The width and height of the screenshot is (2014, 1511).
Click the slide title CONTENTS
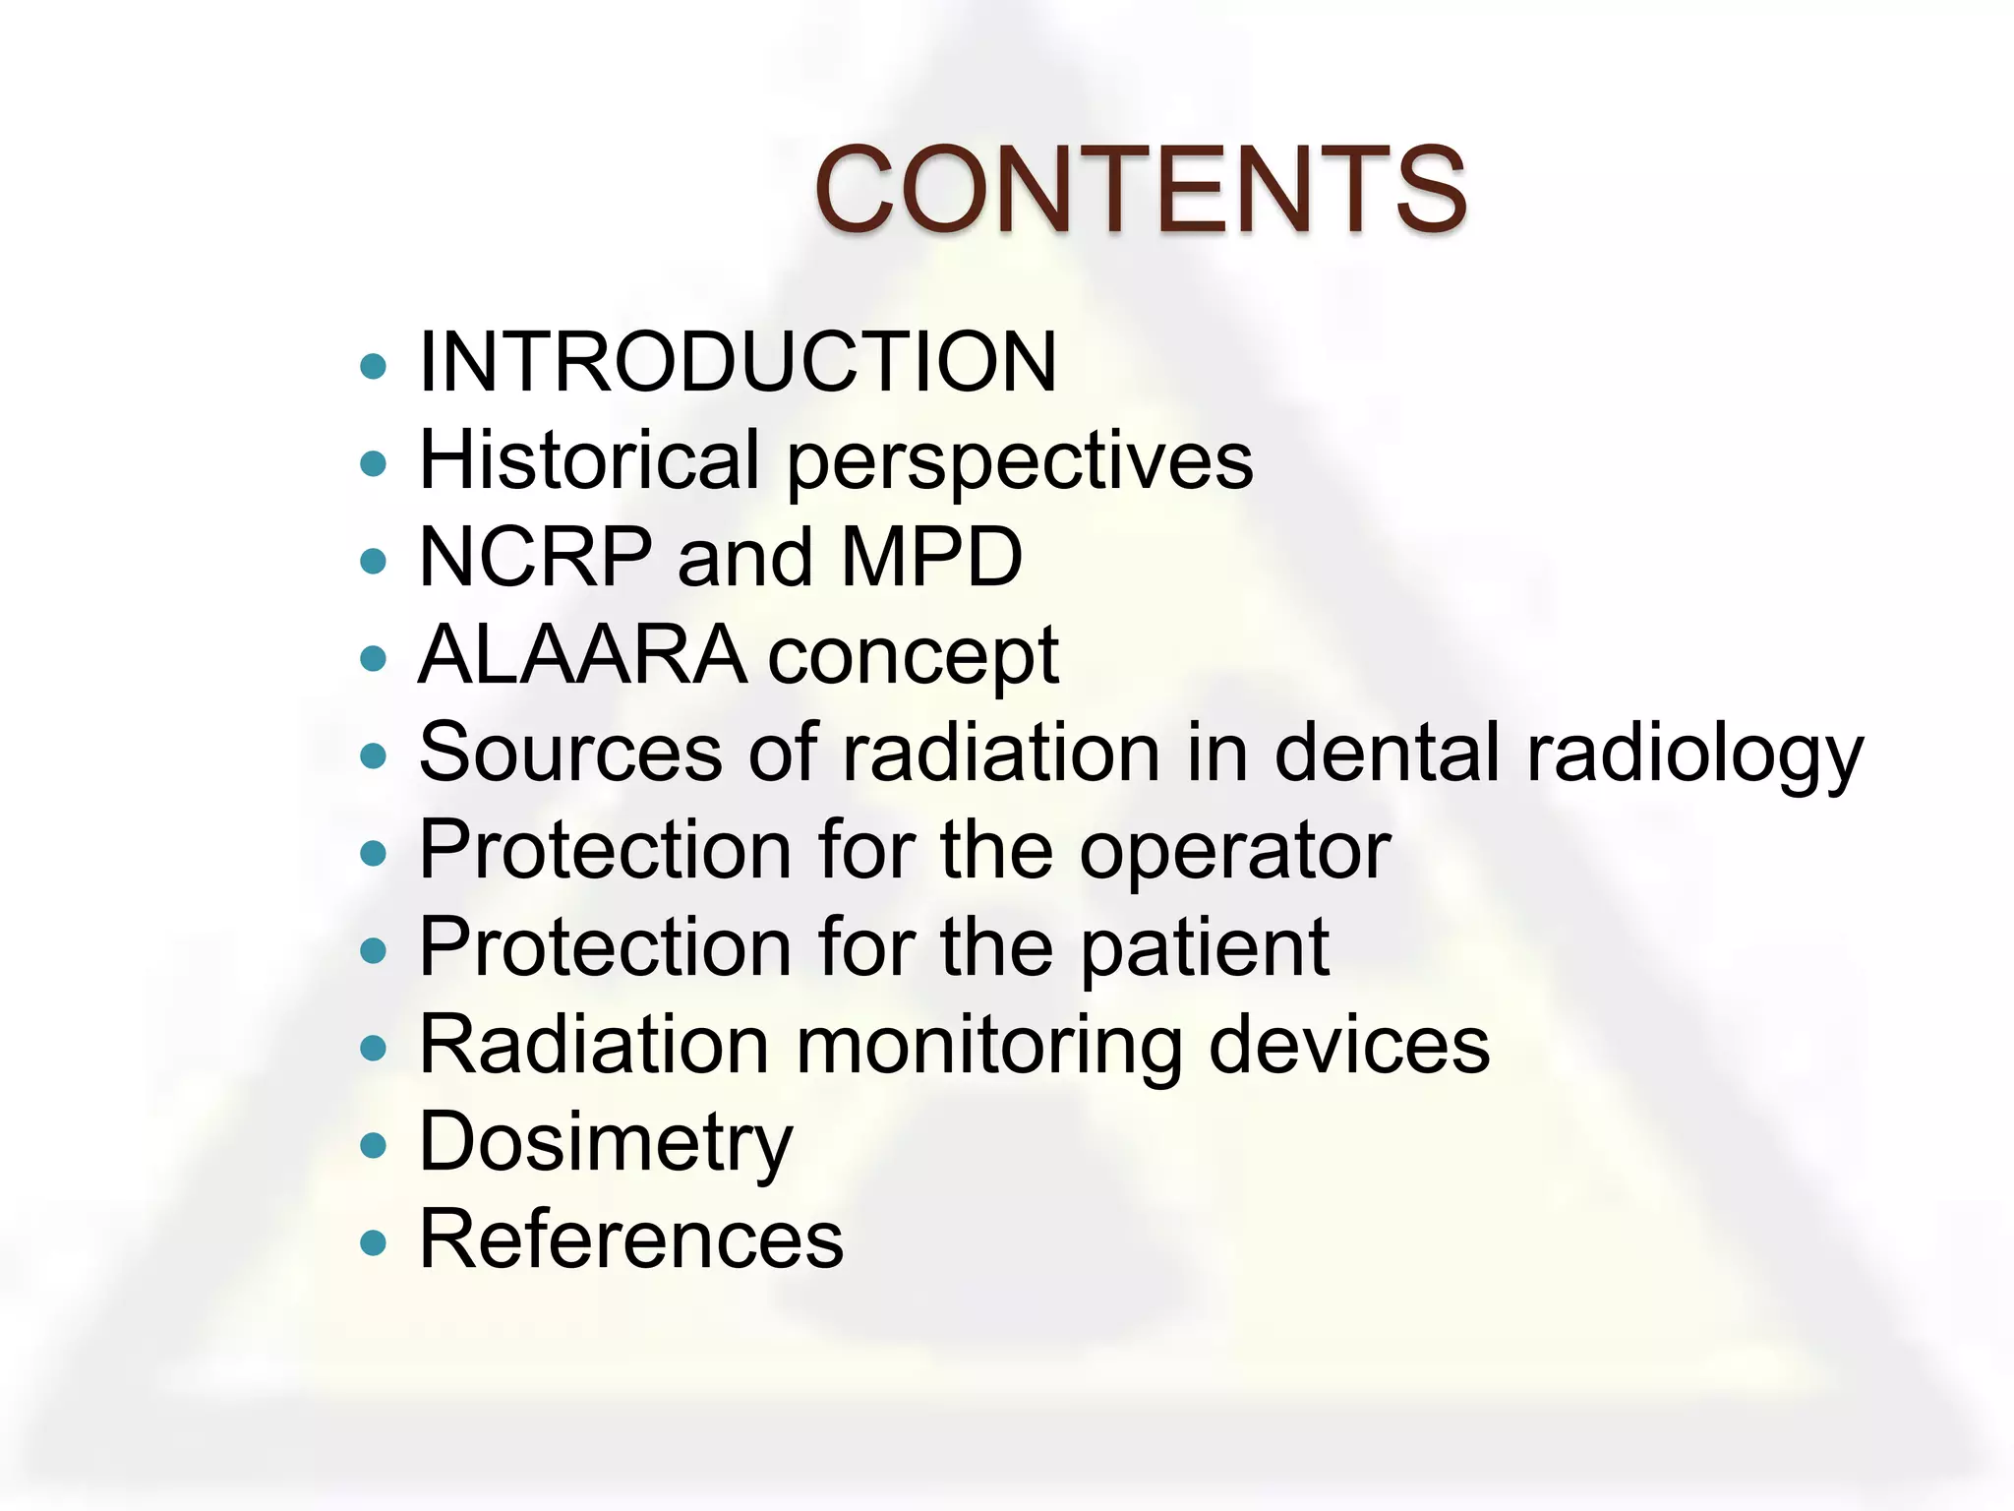click(x=1141, y=189)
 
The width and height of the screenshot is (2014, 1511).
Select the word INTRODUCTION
click(x=738, y=362)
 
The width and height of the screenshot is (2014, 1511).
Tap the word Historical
click(x=589, y=459)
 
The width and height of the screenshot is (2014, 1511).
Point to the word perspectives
click(x=1020, y=462)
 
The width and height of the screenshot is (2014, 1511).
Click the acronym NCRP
click(x=536, y=557)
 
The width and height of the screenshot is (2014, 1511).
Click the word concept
click(x=913, y=657)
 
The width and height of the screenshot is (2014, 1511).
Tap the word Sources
click(x=571, y=753)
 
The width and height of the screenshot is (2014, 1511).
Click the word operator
click(x=1235, y=851)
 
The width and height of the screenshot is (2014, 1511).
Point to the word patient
click(x=1205, y=948)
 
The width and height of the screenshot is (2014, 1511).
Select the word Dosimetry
click(x=606, y=1143)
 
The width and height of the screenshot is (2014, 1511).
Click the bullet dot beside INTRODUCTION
click(x=374, y=367)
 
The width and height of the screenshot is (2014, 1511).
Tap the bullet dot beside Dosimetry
click(x=374, y=1146)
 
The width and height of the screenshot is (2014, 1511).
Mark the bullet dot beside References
click(x=374, y=1243)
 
